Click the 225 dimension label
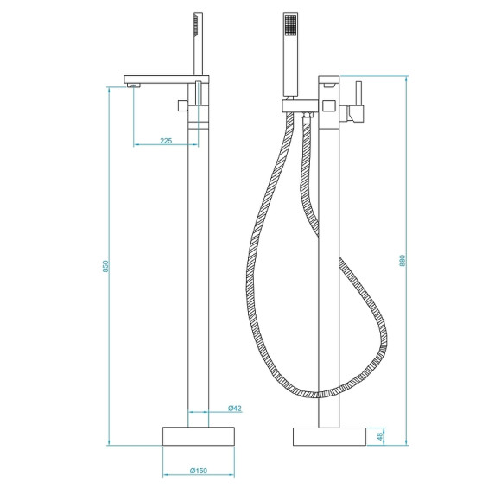coord(166,140)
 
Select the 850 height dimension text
coord(104,267)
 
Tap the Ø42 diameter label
coord(233,408)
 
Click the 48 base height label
coord(379,437)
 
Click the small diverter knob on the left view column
coord(182,105)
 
